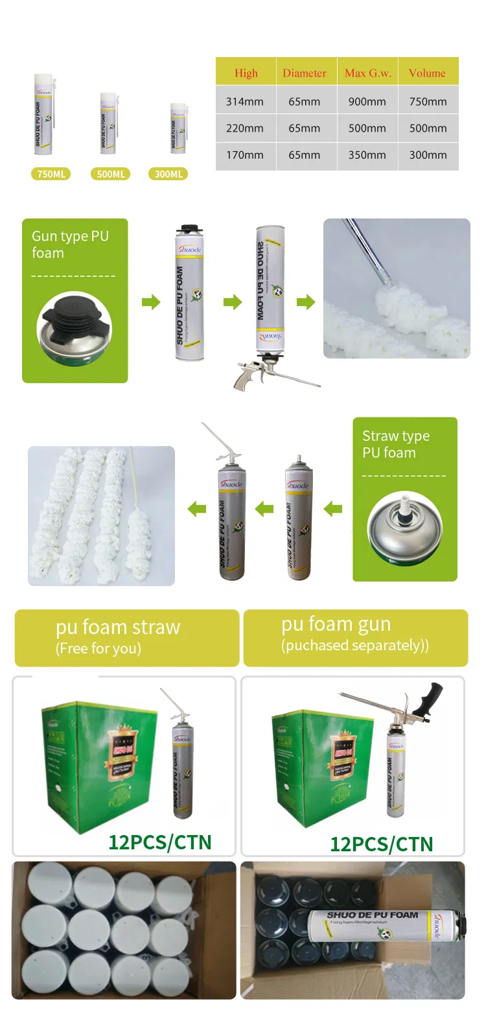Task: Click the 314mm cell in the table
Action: [246, 101]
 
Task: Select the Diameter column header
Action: [305, 73]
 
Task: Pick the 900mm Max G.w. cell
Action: [367, 101]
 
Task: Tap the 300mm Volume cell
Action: [428, 155]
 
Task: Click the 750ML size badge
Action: [51, 174]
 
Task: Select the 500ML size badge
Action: [111, 174]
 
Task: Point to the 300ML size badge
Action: [168, 174]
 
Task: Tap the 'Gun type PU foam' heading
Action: [70, 244]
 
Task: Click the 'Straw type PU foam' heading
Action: [395, 444]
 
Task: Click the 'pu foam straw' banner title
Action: [118, 627]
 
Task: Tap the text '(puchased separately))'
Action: [354, 646]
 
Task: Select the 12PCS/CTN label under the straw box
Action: [159, 842]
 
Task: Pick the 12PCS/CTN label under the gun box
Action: [381, 843]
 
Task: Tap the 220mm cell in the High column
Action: [245, 128]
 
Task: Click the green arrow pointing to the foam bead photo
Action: [305, 302]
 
